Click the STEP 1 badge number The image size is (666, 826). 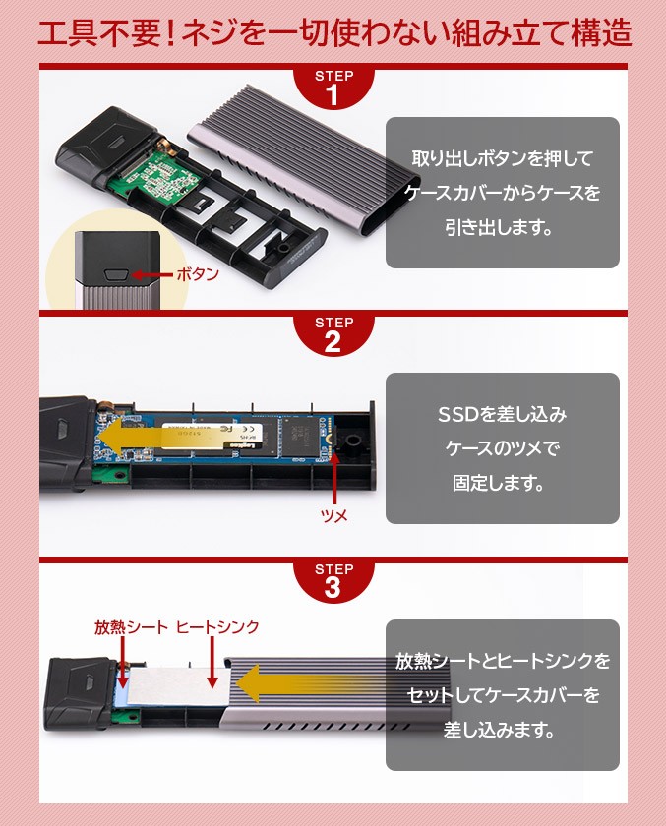[x=333, y=96]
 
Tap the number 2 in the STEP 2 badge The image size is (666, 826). [x=333, y=342]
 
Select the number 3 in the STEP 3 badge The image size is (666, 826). [x=333, y=588]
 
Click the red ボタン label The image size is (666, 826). [x=198, y=274]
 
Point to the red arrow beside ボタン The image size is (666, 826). [x=151, y=275]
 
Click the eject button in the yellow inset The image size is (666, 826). [x=117, y=275]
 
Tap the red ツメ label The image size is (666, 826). [x=334, y=515]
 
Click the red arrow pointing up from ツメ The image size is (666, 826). [x=334, y=478]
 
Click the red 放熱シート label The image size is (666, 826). [x=131, y=627]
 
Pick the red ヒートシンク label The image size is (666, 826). [x=217, y=627]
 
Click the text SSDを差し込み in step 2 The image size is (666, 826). [x=502, y=415]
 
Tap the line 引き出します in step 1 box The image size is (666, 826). [x=499, y=227]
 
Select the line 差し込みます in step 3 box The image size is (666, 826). [x=499, y=730]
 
